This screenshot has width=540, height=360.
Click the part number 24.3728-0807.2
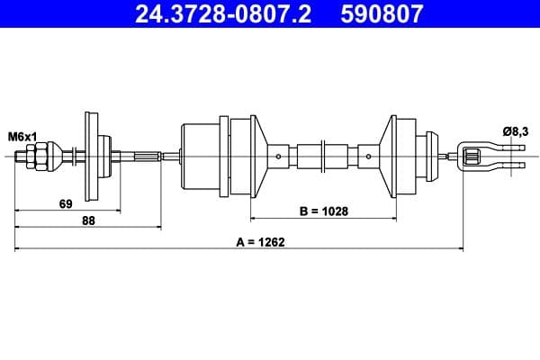(x=222, y=14)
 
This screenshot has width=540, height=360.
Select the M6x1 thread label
(x=22, y=136)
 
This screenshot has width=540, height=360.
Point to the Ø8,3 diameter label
(x=516, y=131)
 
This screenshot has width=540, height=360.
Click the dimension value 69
(x=65, y=204)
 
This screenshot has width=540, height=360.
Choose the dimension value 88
(x=88, y=220)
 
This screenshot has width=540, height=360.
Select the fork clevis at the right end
(x=486, y=157)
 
